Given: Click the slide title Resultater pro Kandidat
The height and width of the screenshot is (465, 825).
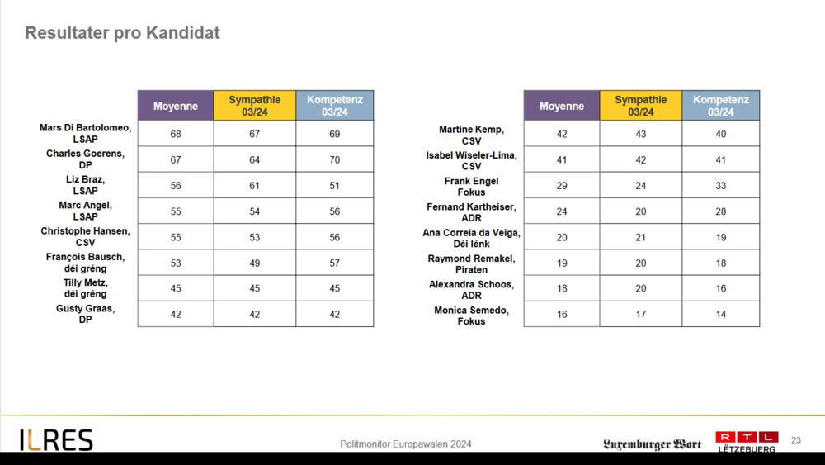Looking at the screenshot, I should tap(122, 34).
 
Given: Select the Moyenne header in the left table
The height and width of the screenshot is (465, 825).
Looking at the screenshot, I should tap(175, 106).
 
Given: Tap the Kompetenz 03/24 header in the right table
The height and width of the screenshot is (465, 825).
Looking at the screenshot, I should tap(720, 106).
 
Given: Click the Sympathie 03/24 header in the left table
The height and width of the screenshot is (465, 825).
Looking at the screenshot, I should tap(254, 106).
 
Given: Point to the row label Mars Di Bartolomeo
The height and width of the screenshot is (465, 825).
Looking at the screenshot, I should tap(85, 134).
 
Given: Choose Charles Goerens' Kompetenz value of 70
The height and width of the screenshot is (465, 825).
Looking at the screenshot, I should tap(334, 159).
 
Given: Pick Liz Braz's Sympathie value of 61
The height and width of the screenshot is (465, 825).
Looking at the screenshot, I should tap(254, 186).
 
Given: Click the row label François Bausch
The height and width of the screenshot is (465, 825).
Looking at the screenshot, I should tap(85, 263).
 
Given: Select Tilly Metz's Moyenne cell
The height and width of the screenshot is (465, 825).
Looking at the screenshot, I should tap(175, 288).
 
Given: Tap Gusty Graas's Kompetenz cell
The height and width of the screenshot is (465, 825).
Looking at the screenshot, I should tap(334, 314).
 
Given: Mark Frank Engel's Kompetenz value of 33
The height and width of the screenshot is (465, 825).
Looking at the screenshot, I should tap(720, 186).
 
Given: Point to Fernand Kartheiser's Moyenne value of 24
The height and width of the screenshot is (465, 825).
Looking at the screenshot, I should tap(561, 211).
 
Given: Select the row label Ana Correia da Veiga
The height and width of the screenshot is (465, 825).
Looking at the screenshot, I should tap(471, 238).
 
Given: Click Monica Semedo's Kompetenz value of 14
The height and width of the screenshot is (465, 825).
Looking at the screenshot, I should tap(720, 315).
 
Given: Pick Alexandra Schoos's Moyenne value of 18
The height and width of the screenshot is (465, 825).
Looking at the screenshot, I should tap(561, 288).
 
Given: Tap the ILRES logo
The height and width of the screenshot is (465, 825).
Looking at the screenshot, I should tap(56, 440).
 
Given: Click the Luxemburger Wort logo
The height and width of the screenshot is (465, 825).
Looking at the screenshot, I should tap(652, 444).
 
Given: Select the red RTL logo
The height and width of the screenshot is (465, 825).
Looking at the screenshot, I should tap(746, 437).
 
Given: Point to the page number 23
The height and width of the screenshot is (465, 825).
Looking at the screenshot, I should tap(795, 440).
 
